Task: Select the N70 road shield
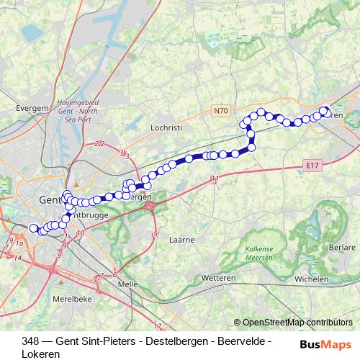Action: point(221,111)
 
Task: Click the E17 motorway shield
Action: point(311,166)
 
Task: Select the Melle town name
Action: point(127,284)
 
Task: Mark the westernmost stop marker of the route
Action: point(33,228)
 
